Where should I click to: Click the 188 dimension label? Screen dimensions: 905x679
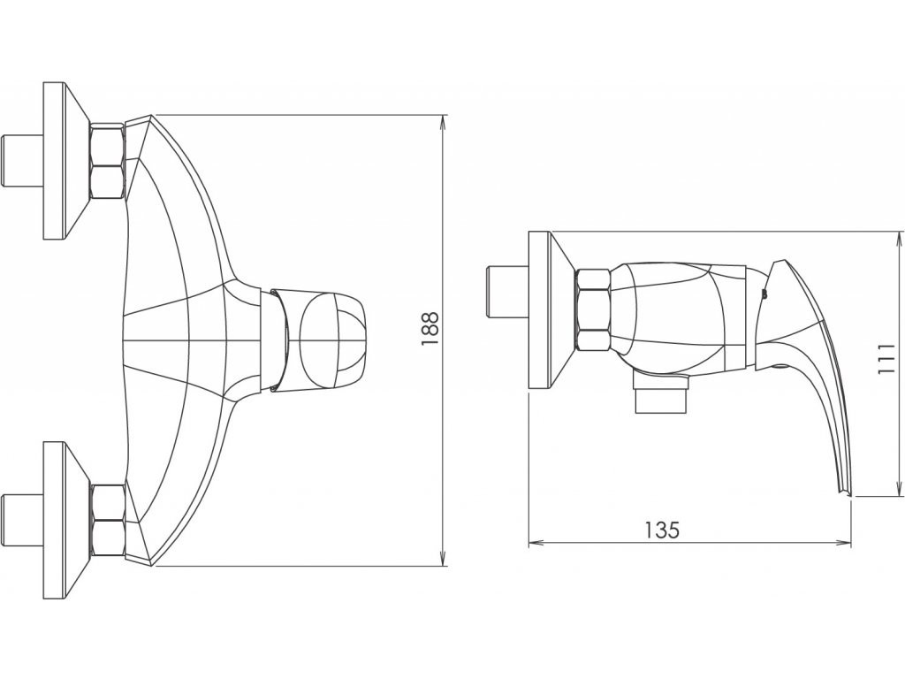click(x=430, y=329)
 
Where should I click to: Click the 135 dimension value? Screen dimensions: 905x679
click(x=662, y=530)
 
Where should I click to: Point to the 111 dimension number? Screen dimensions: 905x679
click(x=886, y=359)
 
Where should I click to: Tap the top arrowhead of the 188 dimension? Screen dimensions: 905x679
click(x=443, y=122)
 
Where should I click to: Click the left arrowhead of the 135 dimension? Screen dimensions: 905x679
click(x=536, y=542)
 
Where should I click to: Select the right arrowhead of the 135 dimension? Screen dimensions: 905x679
click(x=844, y=542)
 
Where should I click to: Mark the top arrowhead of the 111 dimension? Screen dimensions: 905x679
click(x=900, y=239)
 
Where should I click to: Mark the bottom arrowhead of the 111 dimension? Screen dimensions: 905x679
click(x=900, y=488)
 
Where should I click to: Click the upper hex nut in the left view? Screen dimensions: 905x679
click(x=107, y=161)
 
